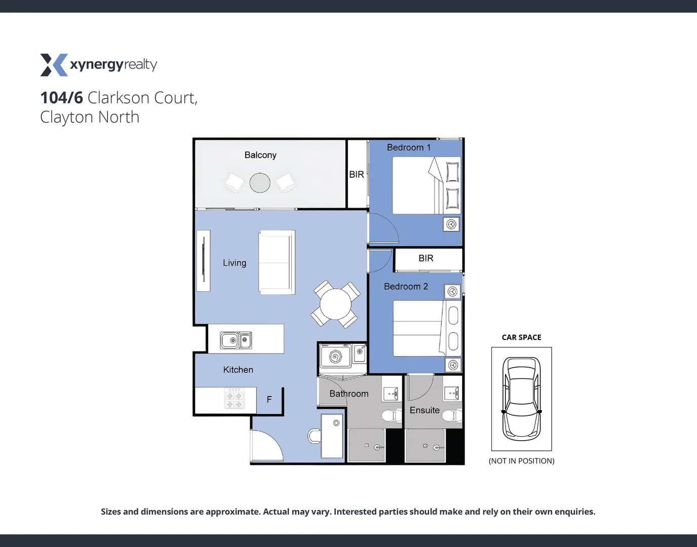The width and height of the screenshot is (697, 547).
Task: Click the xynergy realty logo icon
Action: pyautogui.click(x=54, y=65)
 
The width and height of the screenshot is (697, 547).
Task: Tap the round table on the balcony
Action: pyautogui.click(x=260, y=183)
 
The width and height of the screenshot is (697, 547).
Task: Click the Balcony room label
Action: pyautogui.click(x=260, y=155)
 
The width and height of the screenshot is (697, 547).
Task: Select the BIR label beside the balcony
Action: pyautogui.click(x=357, y=174)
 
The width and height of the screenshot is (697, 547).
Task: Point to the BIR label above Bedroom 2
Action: pyautogui.click(x=426, y=258)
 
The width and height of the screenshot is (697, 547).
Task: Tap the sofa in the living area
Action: pyautogui.click(x=277, y=262)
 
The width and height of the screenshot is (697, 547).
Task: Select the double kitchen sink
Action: pyautogui.click(x=237, y=340)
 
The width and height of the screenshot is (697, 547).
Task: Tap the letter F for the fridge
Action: pyautogui.click(x=269, y=400)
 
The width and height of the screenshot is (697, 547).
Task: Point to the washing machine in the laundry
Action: pyautogui.click(x=335, y=357)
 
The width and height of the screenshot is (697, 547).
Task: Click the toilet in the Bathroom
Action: pyautogui.click(x=391, y=416)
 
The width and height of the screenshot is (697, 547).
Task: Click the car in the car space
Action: pyautogui.click(x=521, y=399)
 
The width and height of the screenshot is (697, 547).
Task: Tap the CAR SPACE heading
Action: pyautogui.click(x=521, y=337)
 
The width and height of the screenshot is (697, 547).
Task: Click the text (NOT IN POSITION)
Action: pyautogui.click(x=521, y=461)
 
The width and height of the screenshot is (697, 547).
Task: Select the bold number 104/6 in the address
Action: pyautogui.click(x=61, y=98)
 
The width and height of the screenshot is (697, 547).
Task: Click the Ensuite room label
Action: pyautogui.click(x=424, y=410)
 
